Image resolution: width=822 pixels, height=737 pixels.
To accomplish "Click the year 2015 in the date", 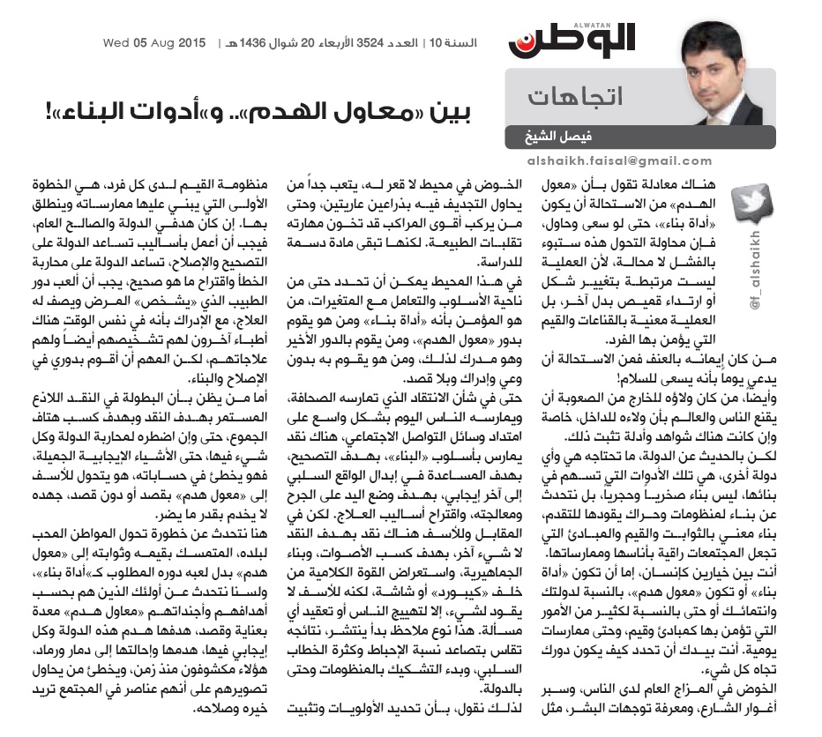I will pos(191,42).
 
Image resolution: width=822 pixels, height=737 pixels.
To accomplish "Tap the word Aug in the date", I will pos(163,42).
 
